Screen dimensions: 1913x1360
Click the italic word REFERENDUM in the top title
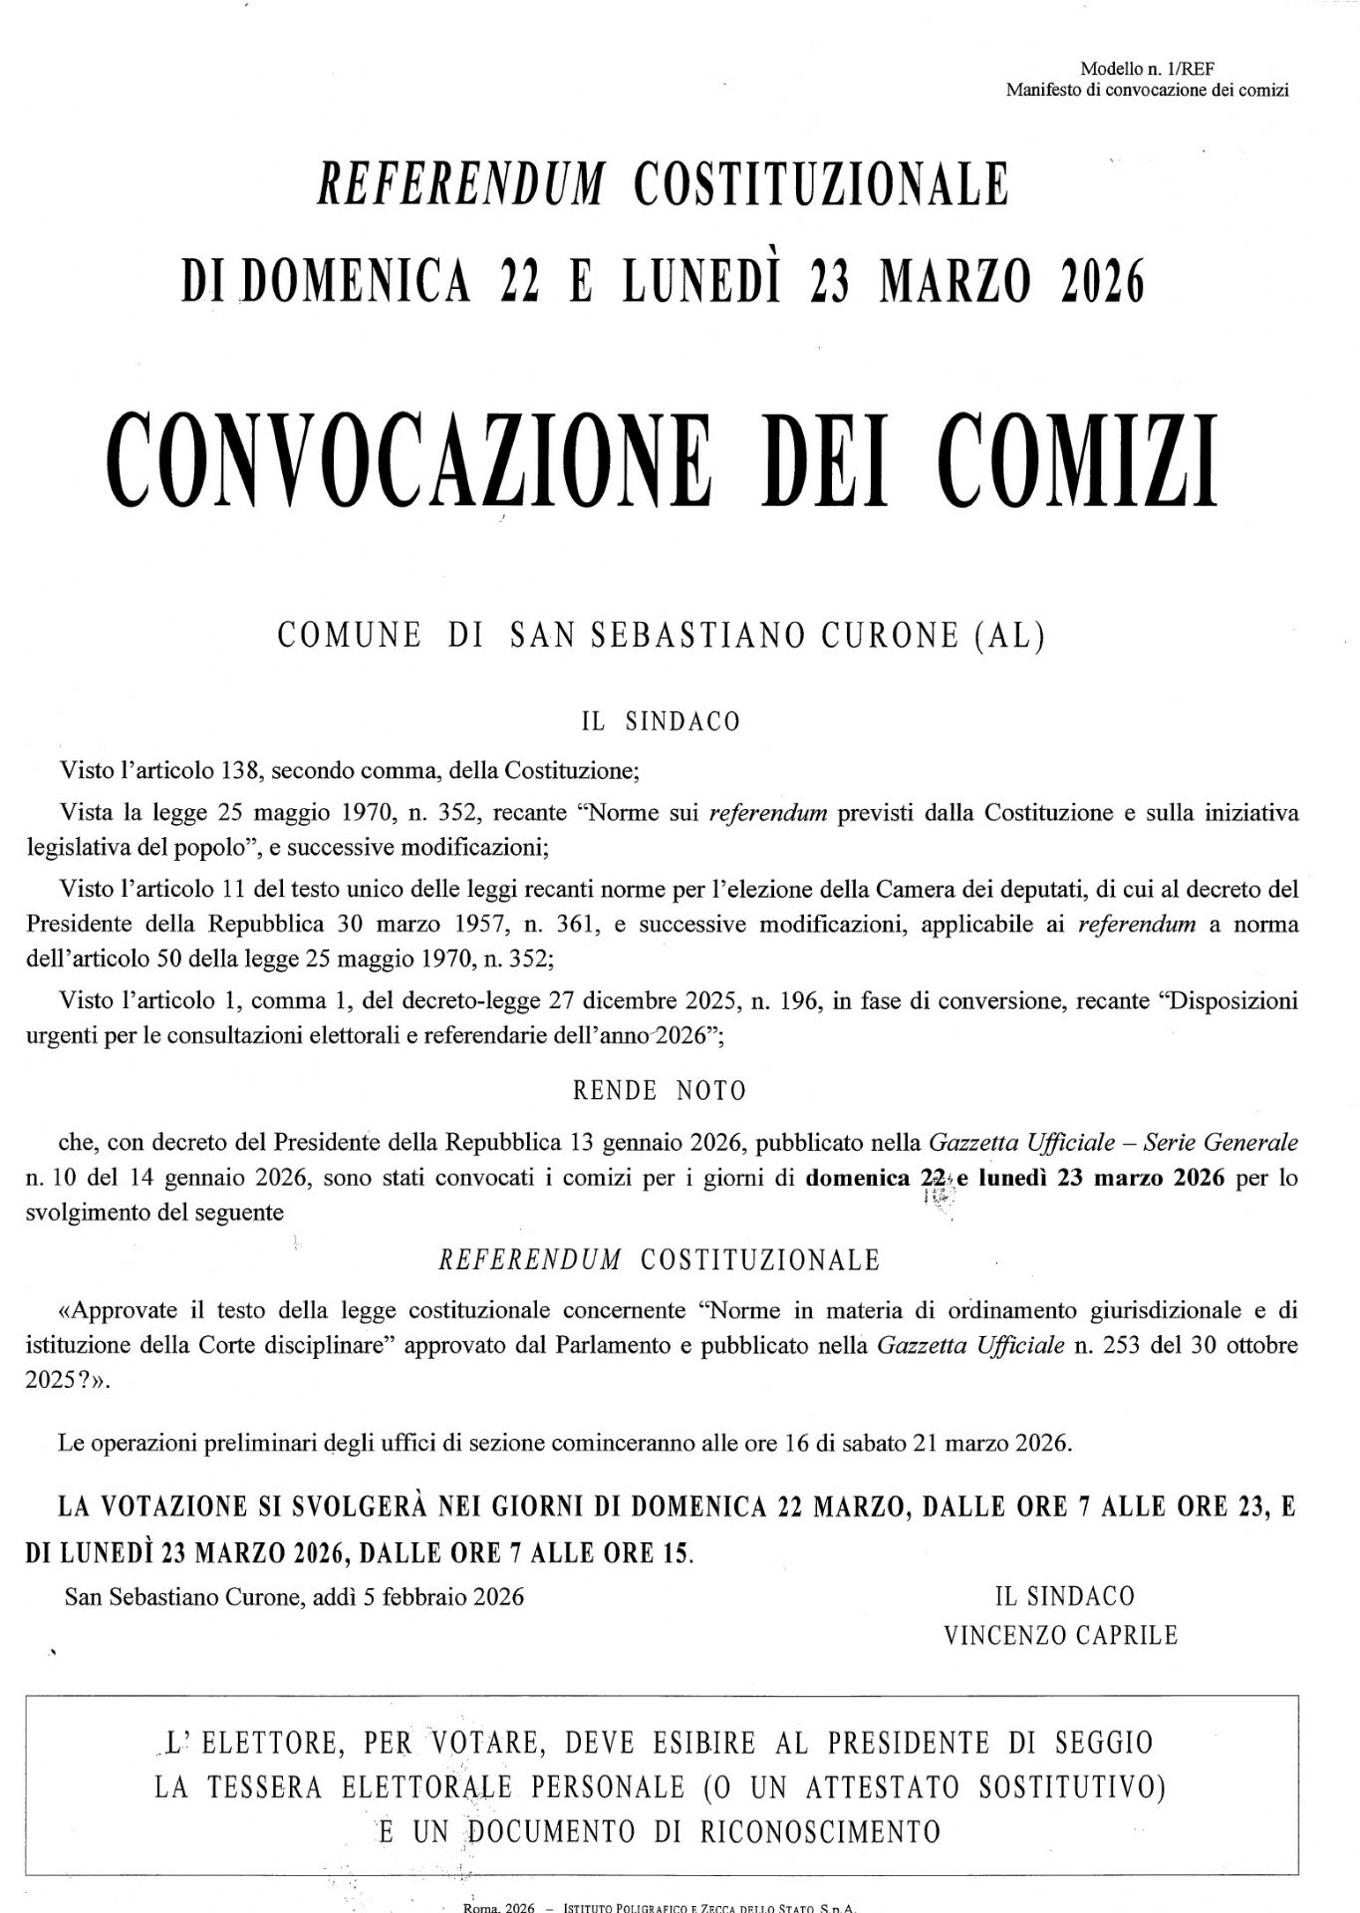click(x=460, y=183)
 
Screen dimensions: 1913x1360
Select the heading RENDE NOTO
click(x=660, y=1091)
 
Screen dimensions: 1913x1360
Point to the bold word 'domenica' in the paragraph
click(x=858, y=1178)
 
